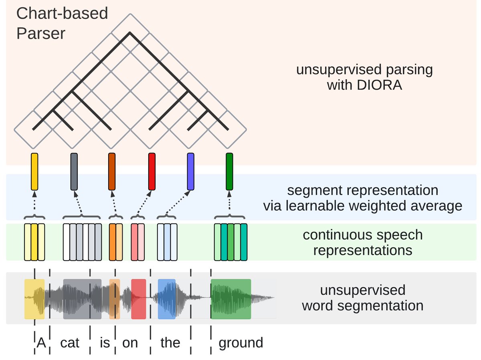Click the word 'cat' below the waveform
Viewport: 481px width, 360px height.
(x=70, y=343)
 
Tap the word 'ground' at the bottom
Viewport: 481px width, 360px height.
(x=240, y=343)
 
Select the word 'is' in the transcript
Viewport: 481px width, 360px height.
(x=105, y=343)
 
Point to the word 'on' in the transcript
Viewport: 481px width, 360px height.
(x=130, y=343)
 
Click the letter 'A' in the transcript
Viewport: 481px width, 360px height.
(x=41, y=343)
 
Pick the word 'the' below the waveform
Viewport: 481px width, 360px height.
(x=170, y=343)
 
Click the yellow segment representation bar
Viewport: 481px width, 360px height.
(x=34, y=171)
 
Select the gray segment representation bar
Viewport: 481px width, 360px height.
(x=74, y=171)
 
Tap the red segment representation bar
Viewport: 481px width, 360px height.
(x=152, y=171)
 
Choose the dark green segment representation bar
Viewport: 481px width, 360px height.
(x=229, y=171)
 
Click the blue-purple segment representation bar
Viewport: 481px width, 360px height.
(x=190, y=171)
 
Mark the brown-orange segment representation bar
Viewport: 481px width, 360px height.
(x=112, y=171)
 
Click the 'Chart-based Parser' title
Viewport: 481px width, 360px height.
(x=62, y=23)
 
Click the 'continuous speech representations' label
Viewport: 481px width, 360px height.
(x=363, y=242)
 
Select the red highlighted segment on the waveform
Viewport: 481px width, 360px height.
(x=138, y=299)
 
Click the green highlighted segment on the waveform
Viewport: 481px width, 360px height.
(x=231, y=299)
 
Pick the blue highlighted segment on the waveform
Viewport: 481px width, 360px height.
(x=166, y=299)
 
